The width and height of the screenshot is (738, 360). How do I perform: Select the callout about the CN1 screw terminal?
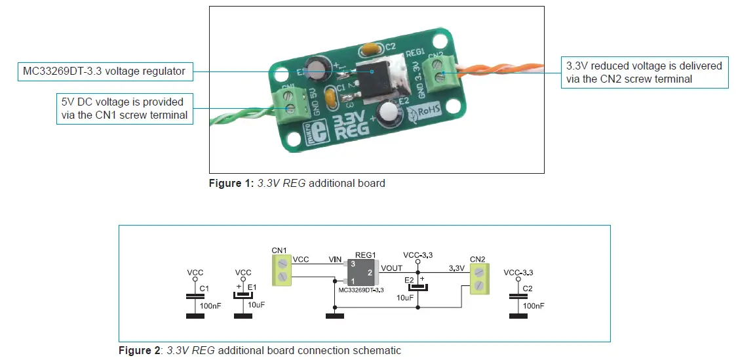124,109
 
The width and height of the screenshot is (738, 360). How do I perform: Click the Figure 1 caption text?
297,183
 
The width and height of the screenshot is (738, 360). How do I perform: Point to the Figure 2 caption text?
260,350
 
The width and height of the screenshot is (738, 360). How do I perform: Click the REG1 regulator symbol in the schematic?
361,271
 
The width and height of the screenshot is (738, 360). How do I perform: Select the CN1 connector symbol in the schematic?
282,270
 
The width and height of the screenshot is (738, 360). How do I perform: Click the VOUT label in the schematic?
391,268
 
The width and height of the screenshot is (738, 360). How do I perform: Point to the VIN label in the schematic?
336,260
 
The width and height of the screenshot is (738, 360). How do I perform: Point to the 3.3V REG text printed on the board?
351,127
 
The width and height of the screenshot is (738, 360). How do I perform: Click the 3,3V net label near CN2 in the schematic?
456,268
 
